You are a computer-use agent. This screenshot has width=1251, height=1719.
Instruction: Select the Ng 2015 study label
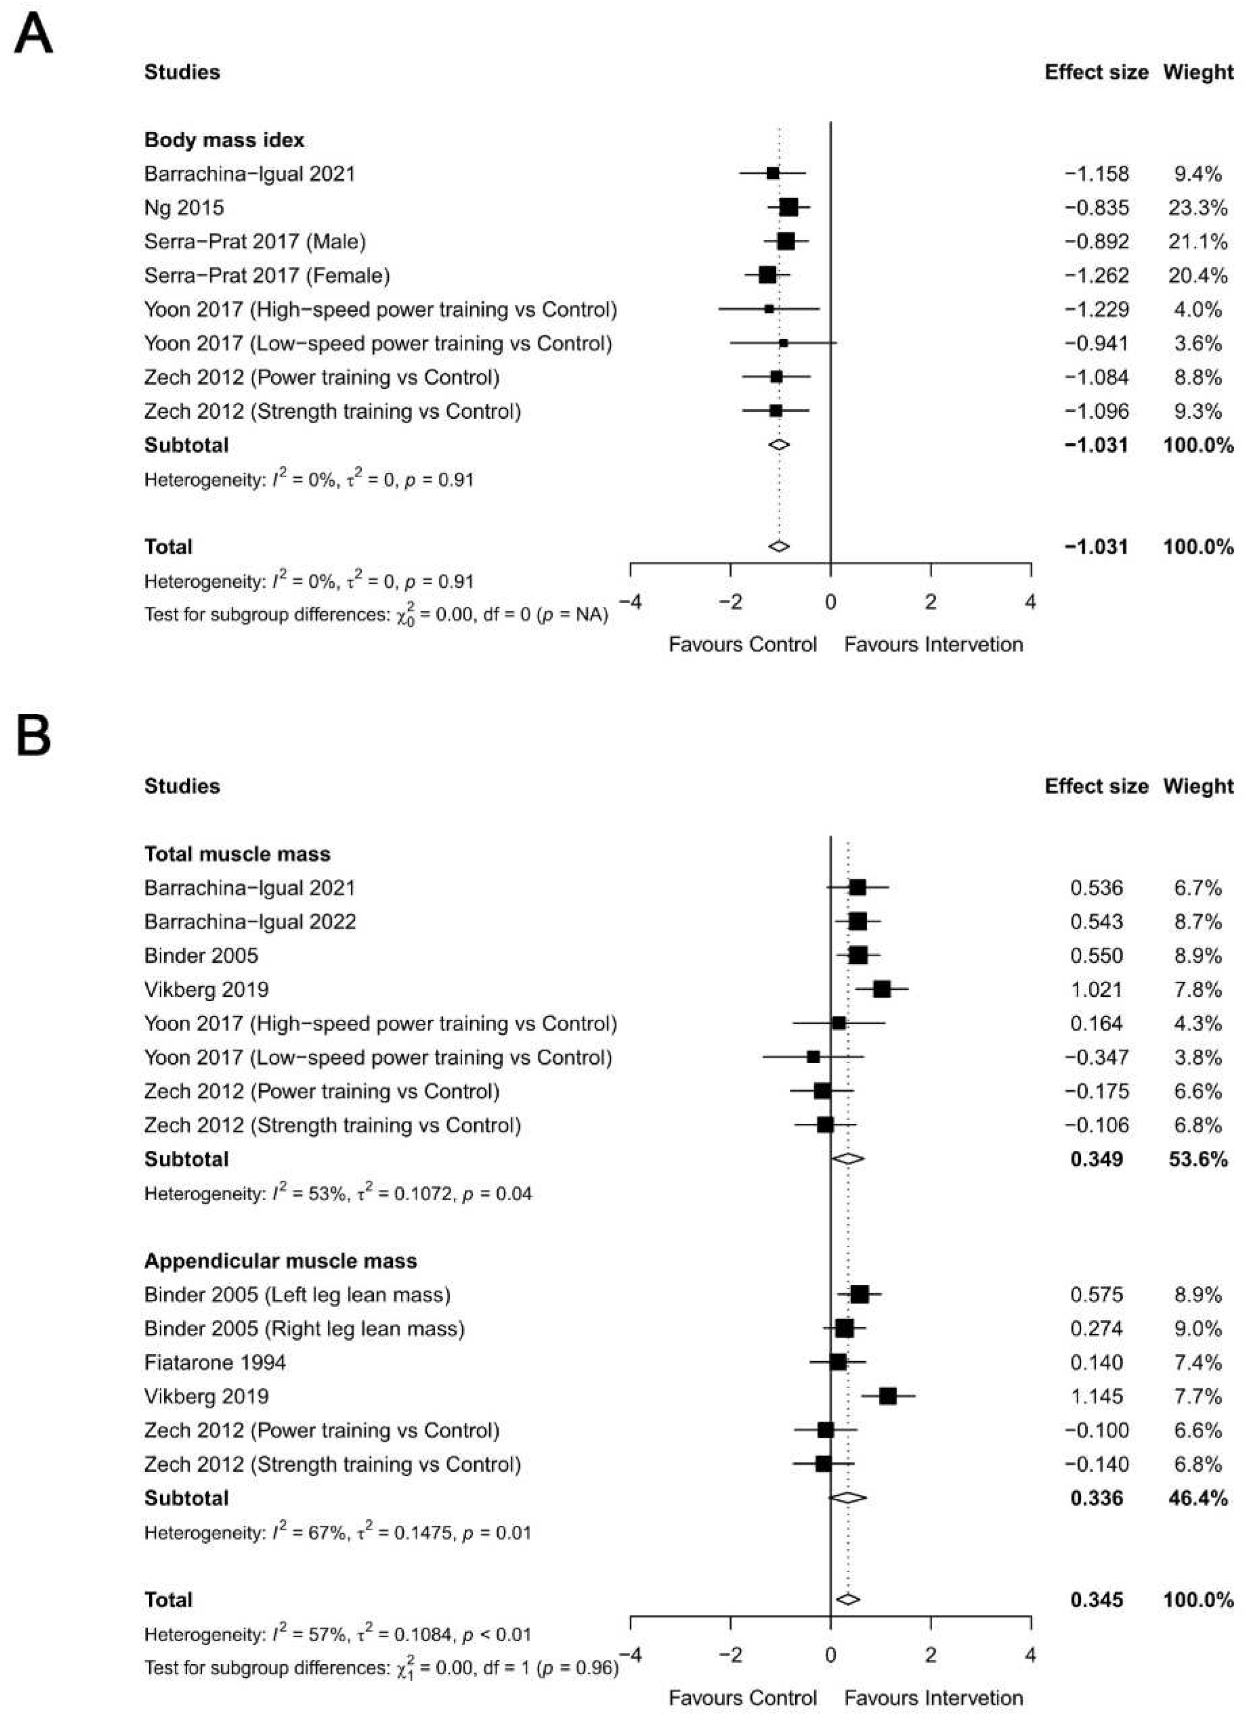pos(184,208)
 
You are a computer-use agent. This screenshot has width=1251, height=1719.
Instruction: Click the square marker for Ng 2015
pos(789,207)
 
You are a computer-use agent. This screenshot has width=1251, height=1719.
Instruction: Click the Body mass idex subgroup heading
pos(225,140)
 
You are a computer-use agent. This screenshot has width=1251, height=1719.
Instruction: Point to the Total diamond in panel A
pos(779,547)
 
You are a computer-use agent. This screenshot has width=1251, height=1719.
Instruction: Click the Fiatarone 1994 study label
pos(215,1363)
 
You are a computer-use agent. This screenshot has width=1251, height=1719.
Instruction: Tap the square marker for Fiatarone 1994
pos(838,1363)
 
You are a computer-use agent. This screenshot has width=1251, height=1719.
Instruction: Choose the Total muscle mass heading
pos(237,854)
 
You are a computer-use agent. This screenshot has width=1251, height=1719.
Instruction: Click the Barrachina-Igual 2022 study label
pos(250,922)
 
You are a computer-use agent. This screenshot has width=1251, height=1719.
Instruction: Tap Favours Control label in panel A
pos(742,645)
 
